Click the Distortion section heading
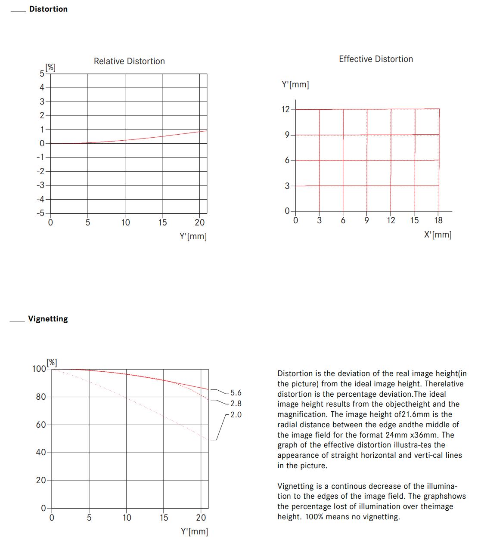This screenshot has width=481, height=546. click(x=48, y=9)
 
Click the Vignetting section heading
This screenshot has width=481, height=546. click(x=48, y=319)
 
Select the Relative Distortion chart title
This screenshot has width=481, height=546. click(x=129, y=61)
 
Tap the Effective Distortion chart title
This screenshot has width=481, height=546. click(x=375, y=59)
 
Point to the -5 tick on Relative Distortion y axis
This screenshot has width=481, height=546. click(x=40, y=213)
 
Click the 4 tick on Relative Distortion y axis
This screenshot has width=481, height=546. click(x=42, y=87)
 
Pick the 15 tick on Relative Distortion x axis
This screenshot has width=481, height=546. click(x=162, y=222)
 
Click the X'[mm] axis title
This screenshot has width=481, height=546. click(x=438, y=234)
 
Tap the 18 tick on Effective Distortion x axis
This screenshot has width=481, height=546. click(x=438, y=220)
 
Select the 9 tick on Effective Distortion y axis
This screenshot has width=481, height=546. click(x=287, y=135)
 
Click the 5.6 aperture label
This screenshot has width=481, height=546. click(x=236, y=393)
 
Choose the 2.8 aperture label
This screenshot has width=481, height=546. click(x=236, y=404)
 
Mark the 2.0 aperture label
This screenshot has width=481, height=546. click(x=236, y=415)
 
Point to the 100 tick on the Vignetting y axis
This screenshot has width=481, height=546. click(x=39, y=369)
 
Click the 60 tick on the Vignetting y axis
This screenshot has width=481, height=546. click(x=41, y=425)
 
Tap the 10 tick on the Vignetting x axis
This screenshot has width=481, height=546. click(x=127, y=518)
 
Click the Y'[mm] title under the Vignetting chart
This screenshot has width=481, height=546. click(x=194, y=531)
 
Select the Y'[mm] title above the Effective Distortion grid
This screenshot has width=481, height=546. click(x=295, y=84)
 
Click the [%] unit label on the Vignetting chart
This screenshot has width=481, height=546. click(x=52, y=362)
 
